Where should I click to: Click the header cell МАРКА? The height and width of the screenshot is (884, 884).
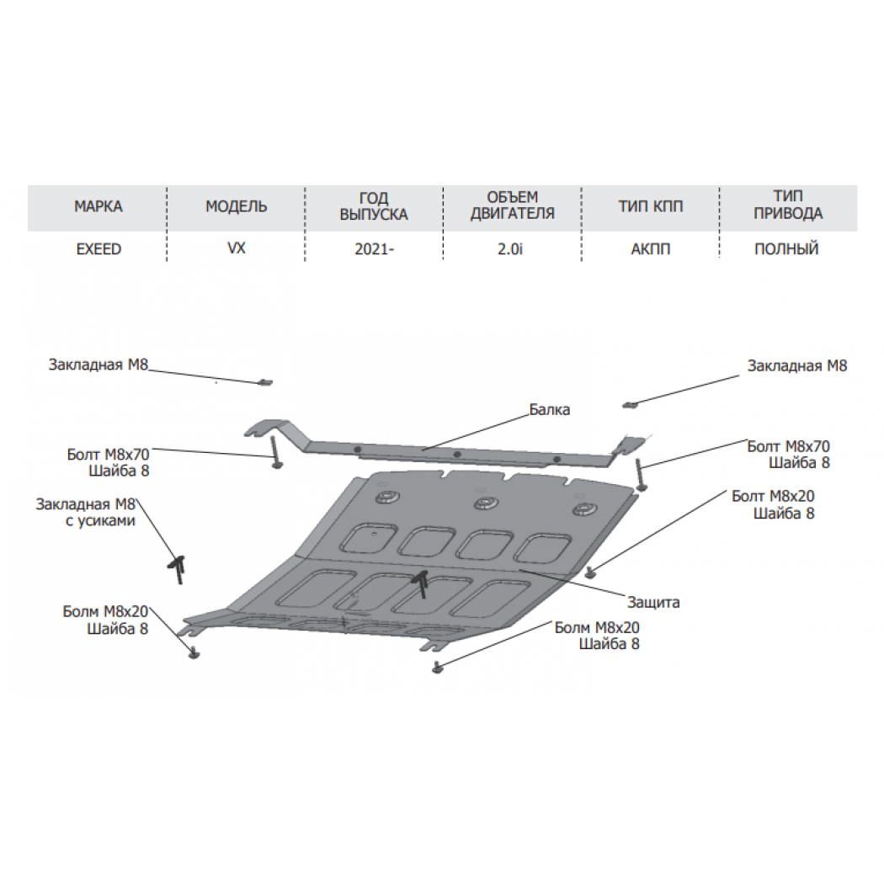tap(99, 206)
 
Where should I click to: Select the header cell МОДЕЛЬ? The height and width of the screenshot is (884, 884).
tap(237, 206)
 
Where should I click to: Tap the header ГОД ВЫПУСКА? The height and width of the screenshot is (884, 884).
tap(374, 206)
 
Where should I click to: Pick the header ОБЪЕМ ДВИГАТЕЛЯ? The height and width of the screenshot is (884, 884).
tap(513, 205)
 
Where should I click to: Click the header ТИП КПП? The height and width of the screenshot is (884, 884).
tap(651, 206)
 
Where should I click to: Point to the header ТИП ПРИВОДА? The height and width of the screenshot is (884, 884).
tap(788, 205)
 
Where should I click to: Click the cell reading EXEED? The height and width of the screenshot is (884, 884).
tap(99, 249)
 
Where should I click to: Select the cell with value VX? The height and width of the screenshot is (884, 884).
tap(237, 248)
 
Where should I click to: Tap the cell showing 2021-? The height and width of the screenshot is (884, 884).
tap(374, 249)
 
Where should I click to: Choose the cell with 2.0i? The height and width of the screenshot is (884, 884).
tap(510, 249)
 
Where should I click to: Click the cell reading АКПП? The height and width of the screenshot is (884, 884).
tap(651, 249)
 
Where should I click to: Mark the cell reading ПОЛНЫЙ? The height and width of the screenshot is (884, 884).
tap(786, 249)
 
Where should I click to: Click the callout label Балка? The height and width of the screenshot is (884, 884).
tap(550, 410)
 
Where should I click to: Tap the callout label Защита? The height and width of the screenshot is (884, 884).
tap(654, 603)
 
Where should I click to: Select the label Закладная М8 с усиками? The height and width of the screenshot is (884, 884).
tap(86, 513)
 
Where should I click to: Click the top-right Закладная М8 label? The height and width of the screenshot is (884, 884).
tap(797, 366)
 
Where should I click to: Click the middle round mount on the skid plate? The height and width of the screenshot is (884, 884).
tap(484, 503)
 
